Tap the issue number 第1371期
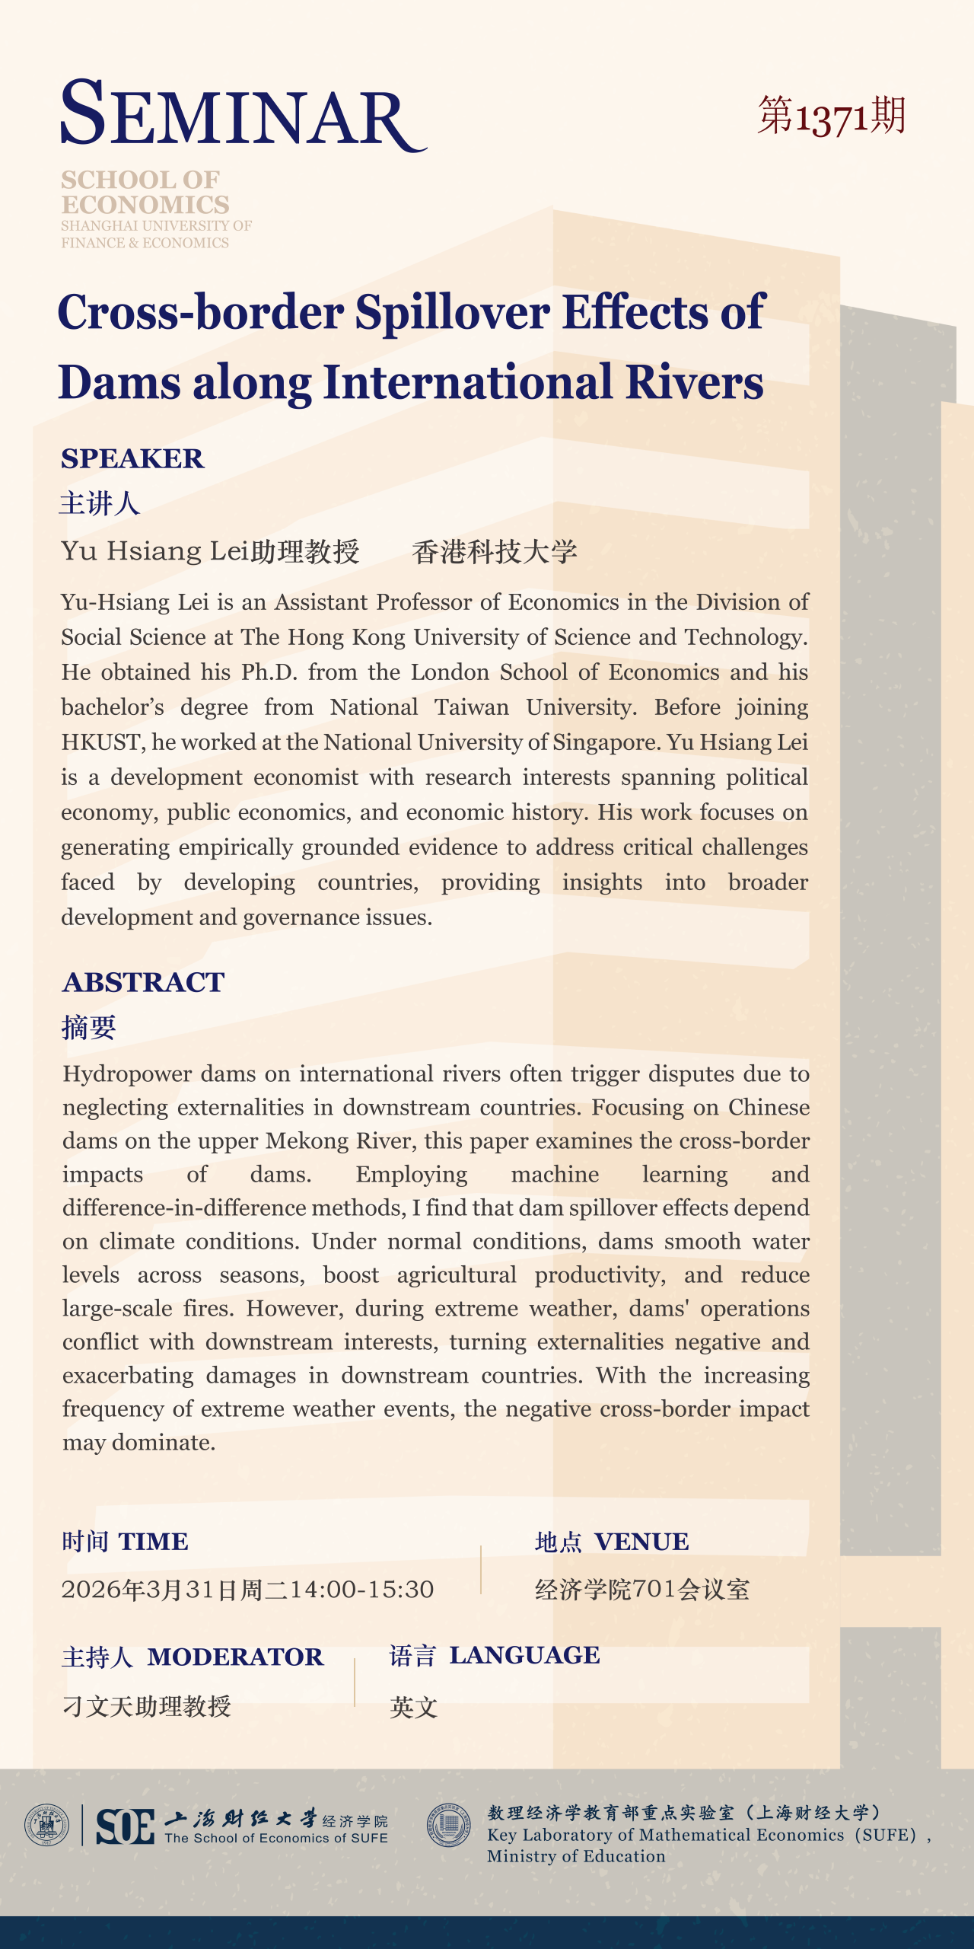(831, 116)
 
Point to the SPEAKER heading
(132, 458)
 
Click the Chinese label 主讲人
(100, 503)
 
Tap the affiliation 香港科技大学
(495, 551)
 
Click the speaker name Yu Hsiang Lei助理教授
(210, 551)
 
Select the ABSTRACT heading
(143, 982)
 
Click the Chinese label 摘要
(89, 1027)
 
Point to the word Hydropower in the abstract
(127, 1073)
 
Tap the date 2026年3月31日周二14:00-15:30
(247, 1589)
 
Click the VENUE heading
(641, 1542)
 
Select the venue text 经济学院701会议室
(641, 1589)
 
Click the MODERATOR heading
(235, 1657)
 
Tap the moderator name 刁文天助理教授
(146, 1706)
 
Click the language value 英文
(413, 1707)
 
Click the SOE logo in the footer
(126, 1826)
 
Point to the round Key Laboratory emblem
(449, 1825)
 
